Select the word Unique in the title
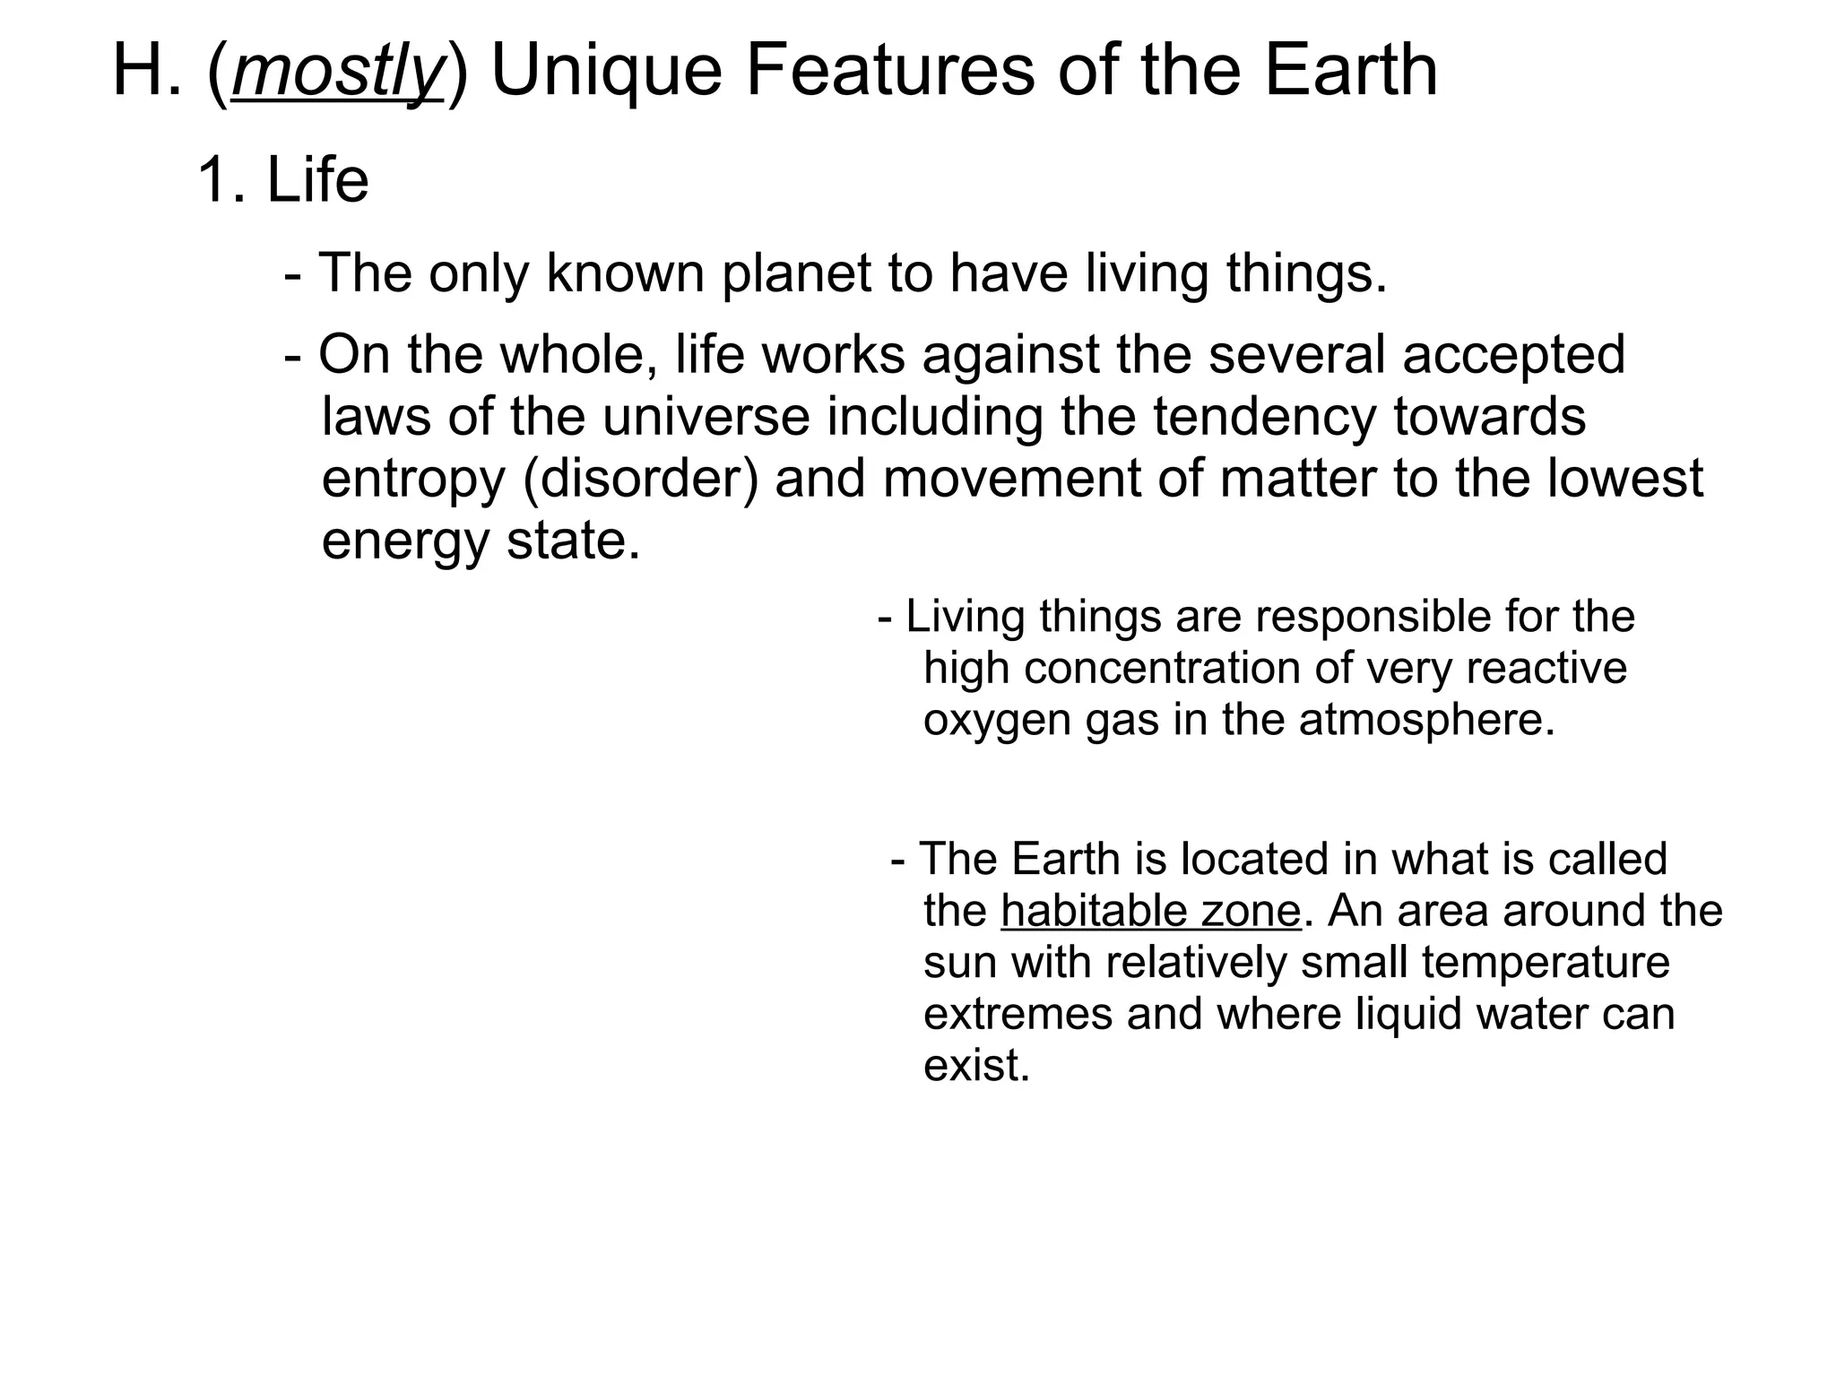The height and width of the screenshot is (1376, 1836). point(607,72)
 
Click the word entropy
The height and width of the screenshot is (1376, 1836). point(413,480)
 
